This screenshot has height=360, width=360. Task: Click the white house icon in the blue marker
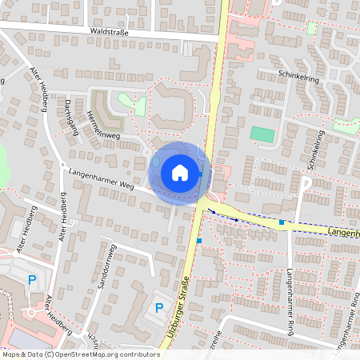(x=179, y=172)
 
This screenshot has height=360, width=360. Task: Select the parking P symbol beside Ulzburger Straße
(x=158, y=307)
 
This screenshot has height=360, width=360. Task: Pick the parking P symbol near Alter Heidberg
(x=32, y=280)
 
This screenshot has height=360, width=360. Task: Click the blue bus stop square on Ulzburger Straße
(x=199, y=240)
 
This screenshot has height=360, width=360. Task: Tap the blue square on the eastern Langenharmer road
(x=282, y=222)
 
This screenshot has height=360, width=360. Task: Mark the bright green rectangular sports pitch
(x=262, y=134)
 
